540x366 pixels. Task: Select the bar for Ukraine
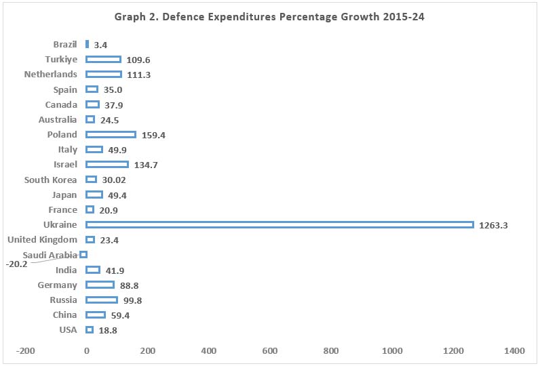click(x=279, y=224)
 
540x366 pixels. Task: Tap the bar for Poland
click(x=111, y=134)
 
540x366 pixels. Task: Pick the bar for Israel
click(x=107, y=164)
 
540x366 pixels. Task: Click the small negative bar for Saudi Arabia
click(x=83, y=254)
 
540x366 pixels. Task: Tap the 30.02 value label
click(x=113, y=180)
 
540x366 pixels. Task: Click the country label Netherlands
click(x=50, y=74)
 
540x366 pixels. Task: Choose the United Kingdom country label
click(x=42, y=239)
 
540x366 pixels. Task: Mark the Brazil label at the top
click(x=65, y=44)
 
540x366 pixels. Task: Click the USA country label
click(x=68, y=329)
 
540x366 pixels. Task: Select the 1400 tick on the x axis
click(x=514, y=350)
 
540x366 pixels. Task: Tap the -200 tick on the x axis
click(x=26, y=350)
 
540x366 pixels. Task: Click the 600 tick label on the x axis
click(x=270, y=350)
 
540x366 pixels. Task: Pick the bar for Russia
click(x=102, y=300)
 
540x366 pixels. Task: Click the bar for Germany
click(x=100, y=285)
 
